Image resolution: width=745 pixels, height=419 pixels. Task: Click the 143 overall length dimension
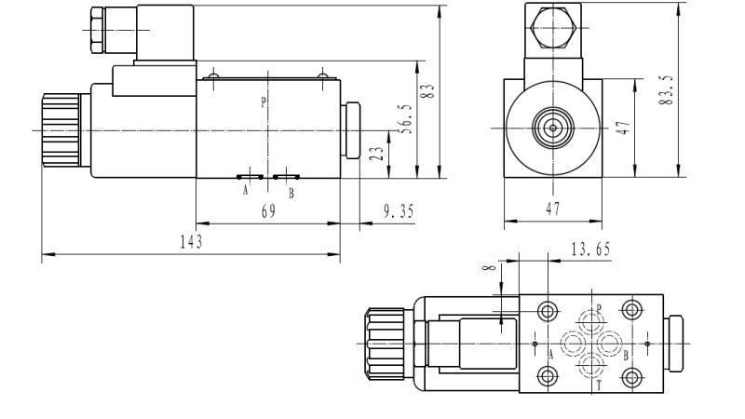click(x=192, y=241)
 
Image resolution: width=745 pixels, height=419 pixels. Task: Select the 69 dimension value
click(x=268, y=211)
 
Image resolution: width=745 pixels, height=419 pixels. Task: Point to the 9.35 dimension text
click(x=399, y=211)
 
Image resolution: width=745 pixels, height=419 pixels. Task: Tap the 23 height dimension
click(x=376, y=155)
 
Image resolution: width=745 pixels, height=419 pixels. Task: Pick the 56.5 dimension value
click(x=405, y=118)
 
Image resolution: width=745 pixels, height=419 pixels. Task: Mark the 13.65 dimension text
click(x=589, y=249)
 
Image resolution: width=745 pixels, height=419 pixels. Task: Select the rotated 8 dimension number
click(x=487, y=271)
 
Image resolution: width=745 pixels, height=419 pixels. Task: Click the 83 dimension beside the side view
click(x=429, y=92)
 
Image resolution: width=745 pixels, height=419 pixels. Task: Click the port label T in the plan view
click(x=599, y=384)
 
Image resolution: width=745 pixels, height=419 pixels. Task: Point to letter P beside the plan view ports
click(x=599, y=308)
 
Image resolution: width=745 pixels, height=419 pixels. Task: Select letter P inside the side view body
click(x=264, y=102)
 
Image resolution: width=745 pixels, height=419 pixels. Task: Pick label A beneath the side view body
click(x=246, y=192)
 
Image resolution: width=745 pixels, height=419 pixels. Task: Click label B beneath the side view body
click(x=291, y=193)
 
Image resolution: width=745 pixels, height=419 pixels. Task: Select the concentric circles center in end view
click(x=552, y=128)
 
